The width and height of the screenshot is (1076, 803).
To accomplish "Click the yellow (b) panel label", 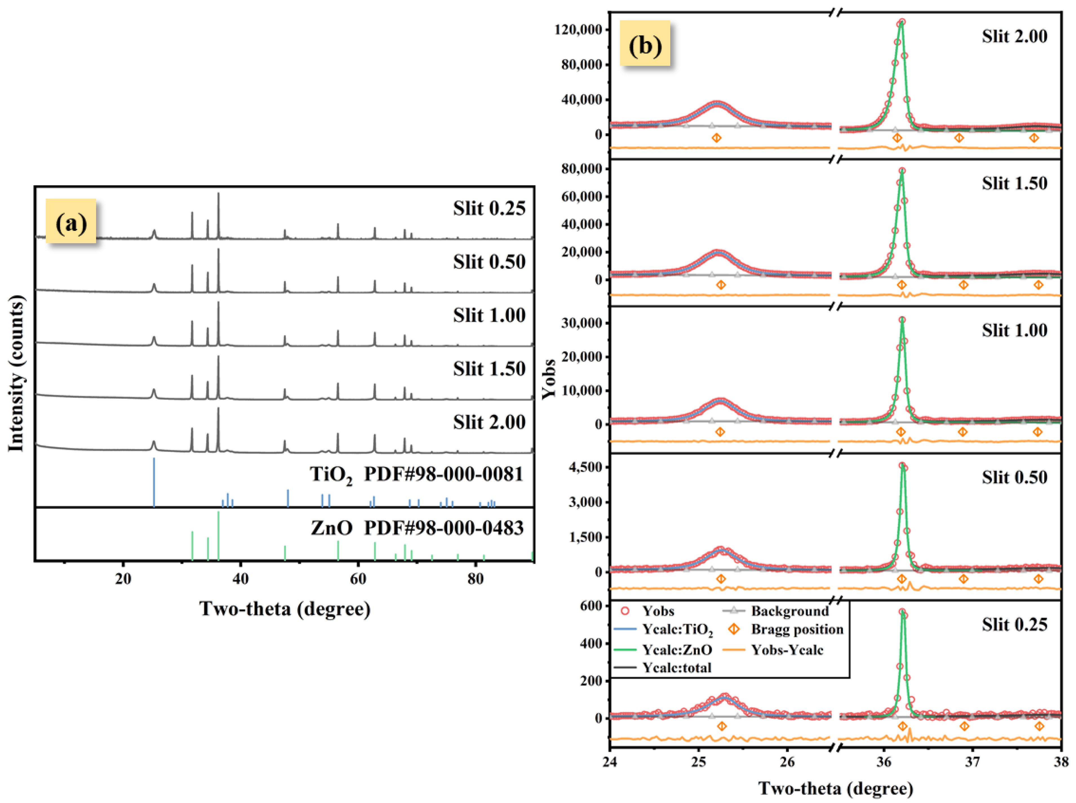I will coord(645,46).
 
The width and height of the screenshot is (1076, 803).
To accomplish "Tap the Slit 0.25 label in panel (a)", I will coord(489,209).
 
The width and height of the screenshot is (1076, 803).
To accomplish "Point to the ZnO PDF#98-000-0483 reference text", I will coord(417,528).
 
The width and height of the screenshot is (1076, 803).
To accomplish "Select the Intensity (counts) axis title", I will coord(16,374).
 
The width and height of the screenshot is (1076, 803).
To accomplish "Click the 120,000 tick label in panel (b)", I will coord(578,30).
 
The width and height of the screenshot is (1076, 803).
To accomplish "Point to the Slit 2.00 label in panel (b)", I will coord(1014,36).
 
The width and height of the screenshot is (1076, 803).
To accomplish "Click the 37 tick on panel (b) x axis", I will coord(972,762).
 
